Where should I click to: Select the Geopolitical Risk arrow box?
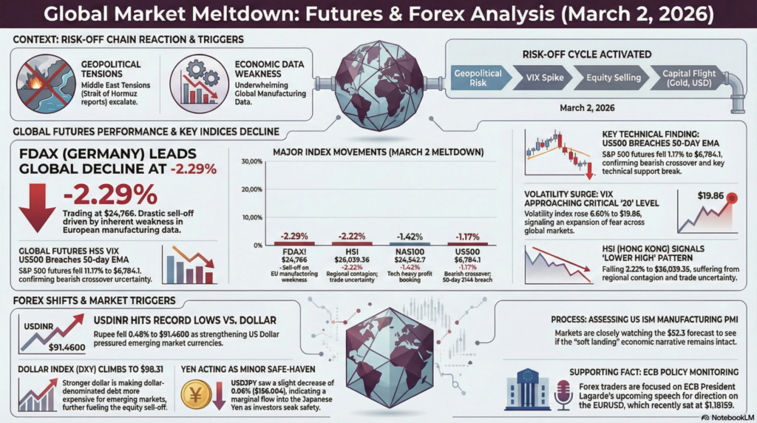(x=477, y=78)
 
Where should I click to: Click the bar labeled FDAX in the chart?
(x=293, y=243)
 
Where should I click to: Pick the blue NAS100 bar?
(x=410, y=243)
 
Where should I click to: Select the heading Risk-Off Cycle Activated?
(x=586, y=53)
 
